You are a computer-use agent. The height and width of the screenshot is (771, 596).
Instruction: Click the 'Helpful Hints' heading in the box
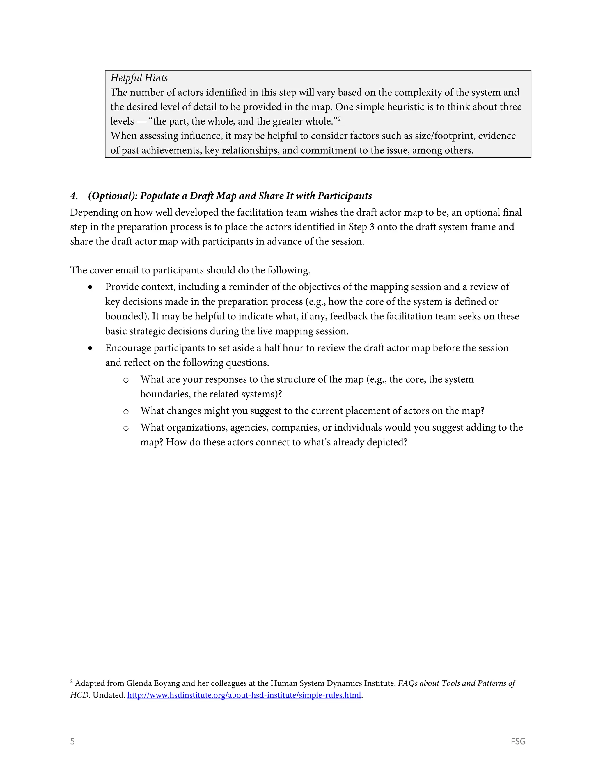[139, 78]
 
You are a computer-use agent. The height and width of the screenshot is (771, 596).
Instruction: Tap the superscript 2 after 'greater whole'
[339, 119]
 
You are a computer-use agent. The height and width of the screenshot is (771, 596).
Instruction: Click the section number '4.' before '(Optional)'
[74, 196]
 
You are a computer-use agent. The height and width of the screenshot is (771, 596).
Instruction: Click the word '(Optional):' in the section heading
[112, 196]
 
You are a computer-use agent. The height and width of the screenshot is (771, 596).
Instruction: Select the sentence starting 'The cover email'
[190, 270]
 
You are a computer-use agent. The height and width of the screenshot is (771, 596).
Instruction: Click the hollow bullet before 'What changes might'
[126, 412]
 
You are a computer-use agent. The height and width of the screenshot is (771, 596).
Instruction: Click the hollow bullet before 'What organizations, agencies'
[126, 428]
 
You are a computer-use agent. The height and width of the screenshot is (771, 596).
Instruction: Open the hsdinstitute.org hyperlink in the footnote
[244, 695]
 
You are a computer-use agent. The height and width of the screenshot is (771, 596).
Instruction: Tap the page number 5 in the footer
[72, 741]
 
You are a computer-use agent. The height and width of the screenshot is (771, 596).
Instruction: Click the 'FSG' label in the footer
[518, 741]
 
